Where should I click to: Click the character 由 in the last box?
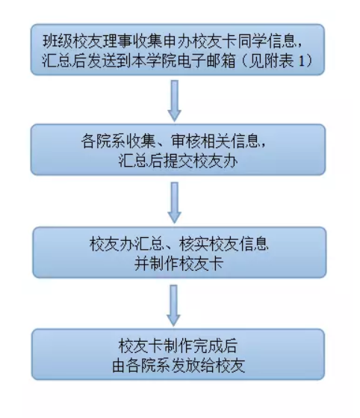[120, 366]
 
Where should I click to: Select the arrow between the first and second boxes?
[175, 101]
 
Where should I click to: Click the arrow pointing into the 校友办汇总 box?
[175, 203]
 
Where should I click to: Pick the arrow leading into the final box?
[173, 306]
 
